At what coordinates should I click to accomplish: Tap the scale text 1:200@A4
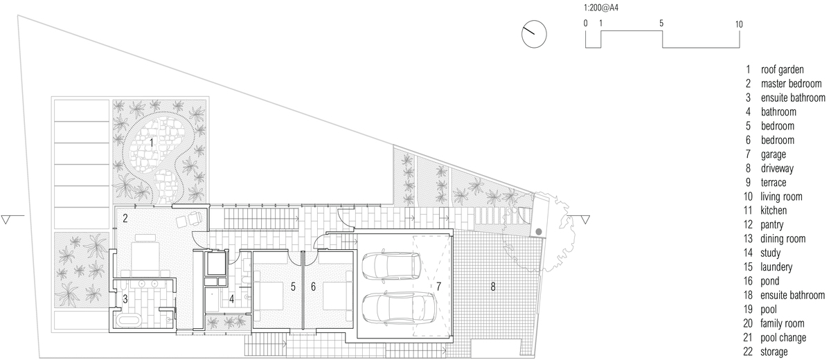point(601,8)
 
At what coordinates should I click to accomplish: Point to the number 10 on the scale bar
point(739,24)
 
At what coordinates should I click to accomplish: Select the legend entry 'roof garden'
point(782,70)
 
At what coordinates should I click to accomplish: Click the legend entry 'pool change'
point(783,338)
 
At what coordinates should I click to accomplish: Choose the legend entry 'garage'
point(773,154)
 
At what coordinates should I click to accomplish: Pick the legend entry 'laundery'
point(776,267)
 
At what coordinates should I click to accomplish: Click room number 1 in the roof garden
point(152,143)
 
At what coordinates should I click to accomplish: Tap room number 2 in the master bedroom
point(125,218)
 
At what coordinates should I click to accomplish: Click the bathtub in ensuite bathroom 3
point(128,321)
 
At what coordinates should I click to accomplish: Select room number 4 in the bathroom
point(232,299)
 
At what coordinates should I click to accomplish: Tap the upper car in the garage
point(391,266)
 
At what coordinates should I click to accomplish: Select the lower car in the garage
point(398,307)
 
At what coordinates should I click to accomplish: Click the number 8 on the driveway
point(492,287)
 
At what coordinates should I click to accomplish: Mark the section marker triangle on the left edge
point(6,219)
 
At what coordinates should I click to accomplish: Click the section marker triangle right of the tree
point(585,219)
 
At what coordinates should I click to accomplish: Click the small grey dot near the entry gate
point(539,232)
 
